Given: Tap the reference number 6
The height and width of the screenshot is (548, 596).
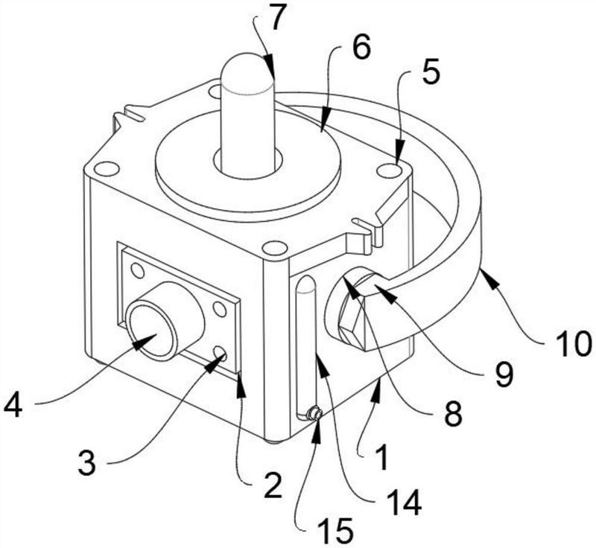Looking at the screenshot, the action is (x=361, y=48).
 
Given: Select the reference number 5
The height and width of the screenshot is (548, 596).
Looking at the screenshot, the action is (x=431, y=71).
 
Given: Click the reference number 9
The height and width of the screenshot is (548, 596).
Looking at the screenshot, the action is (x=504, y=373).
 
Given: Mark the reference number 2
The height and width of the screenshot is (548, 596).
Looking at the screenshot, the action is (x=273, y=485).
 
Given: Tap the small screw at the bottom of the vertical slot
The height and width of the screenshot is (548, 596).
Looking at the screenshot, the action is (x=315, y=413).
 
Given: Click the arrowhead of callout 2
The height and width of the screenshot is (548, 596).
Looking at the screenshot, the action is (x=240, y=386).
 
